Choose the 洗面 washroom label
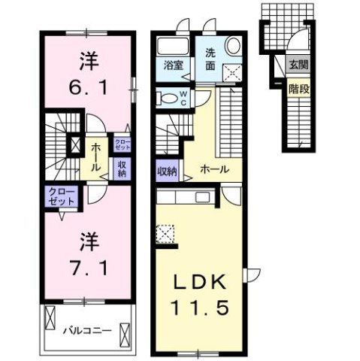point(212,59)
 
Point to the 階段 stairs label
point(298,88)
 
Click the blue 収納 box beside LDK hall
point(166,171)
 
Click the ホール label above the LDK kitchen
point(215,170)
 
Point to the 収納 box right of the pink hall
point(123,168)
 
